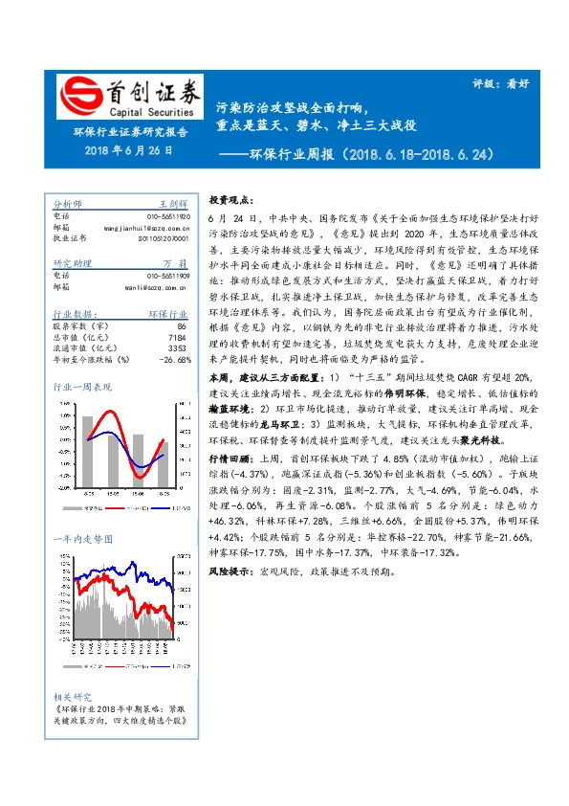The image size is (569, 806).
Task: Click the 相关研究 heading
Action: coord(72,698)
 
